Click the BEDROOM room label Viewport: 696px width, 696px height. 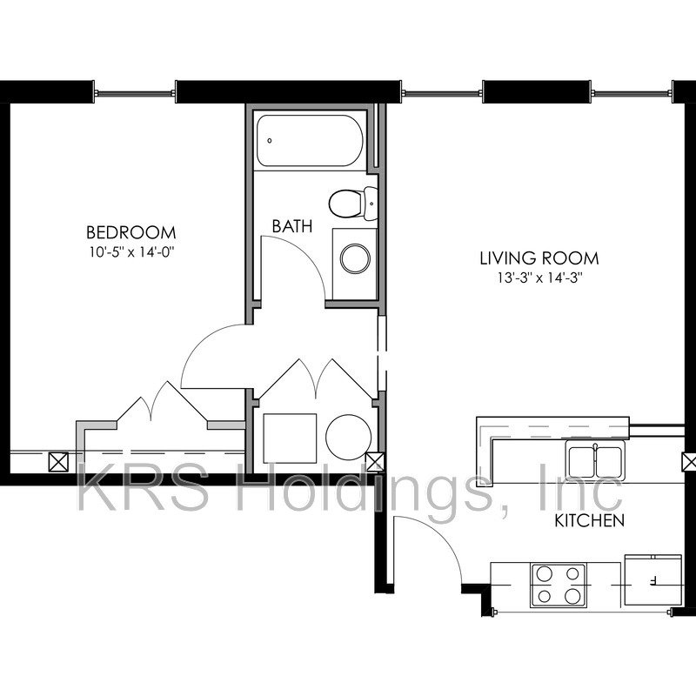click(131, 232)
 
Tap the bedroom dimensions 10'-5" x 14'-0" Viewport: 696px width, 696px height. click(131, 252)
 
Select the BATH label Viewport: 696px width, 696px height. click(292, 226)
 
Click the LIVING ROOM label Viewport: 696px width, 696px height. click(539, 258)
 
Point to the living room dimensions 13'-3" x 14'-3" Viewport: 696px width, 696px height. click(539, 278)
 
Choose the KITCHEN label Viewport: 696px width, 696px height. click(590, 520)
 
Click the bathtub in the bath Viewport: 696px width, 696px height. click(310, 141)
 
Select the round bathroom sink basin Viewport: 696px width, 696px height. click(355, 258)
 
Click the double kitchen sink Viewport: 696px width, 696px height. click(595, 462)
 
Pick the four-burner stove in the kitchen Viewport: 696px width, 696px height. click(558, 585)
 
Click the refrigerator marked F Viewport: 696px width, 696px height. click(653, 580)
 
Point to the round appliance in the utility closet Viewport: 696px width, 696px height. click(349, 438)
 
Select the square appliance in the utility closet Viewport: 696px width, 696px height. click(290, 438)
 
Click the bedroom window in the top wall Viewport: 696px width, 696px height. click(135, 93)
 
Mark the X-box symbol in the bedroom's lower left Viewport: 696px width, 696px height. click(58, 462)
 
